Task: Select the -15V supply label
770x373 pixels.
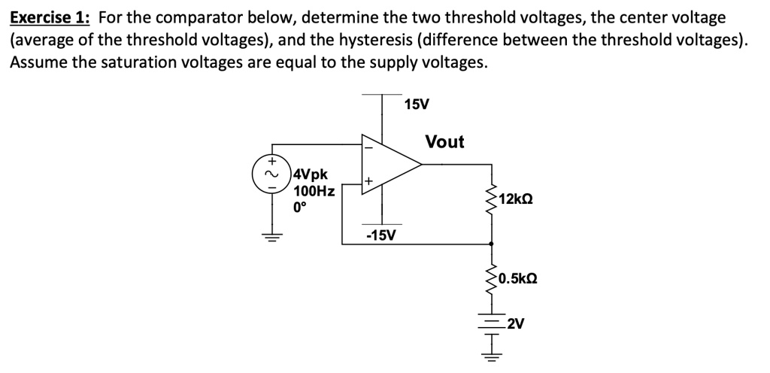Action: click(380, 235)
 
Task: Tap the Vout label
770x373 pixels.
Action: click(444, 141)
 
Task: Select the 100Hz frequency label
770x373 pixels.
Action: click(314, 191)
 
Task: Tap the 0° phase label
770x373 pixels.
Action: click(300, 207)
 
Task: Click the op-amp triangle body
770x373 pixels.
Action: click(387, 164)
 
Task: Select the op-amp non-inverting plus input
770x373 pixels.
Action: click(368, 181)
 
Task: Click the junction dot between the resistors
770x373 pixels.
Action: click(493, 244)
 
